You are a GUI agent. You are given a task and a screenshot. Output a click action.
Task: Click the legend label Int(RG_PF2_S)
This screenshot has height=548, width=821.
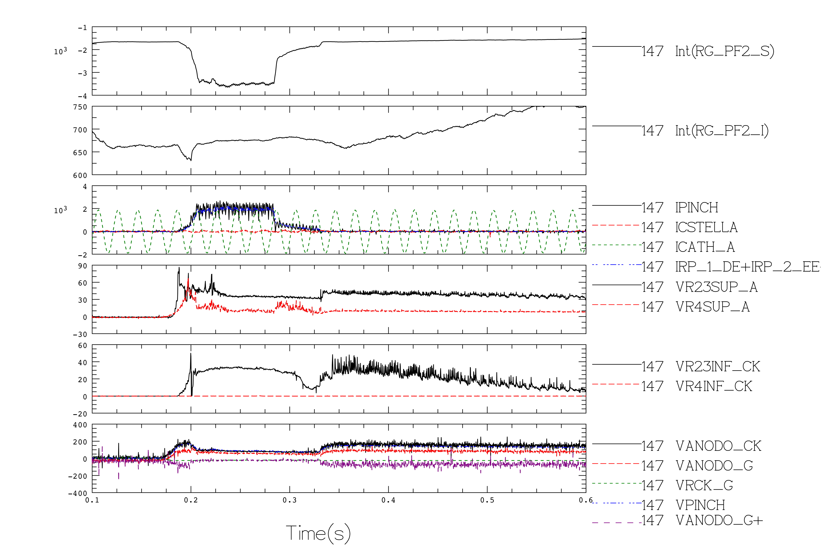click(x=725, y=51)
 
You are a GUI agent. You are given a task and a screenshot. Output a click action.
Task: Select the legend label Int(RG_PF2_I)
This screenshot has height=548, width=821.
click(x=722, y=131)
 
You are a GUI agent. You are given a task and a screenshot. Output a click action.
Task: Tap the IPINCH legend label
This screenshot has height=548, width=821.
click(x=697, y=208)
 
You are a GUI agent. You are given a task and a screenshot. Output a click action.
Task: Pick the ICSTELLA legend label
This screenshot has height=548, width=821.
click(x=706, y=227)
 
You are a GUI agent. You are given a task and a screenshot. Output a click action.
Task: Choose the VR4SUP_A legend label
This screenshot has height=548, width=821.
click(x=713, y=307)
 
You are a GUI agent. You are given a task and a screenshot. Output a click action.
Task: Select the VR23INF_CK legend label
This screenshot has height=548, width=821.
click(x=718, y=367)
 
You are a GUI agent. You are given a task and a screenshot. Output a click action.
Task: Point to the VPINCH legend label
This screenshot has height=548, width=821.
click(x=700, y=505)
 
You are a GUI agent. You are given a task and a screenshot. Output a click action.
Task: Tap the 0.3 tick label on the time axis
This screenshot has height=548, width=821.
click(x=289, y=500)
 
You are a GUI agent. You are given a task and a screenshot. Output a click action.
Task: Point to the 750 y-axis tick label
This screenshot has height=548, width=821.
click(x=80, y=107)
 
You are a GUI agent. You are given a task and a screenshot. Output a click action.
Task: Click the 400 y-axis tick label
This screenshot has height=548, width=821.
click(x=80, y=425)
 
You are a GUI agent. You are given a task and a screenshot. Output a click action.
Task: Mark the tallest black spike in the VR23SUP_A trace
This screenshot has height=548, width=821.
click(x=179, y=268)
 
